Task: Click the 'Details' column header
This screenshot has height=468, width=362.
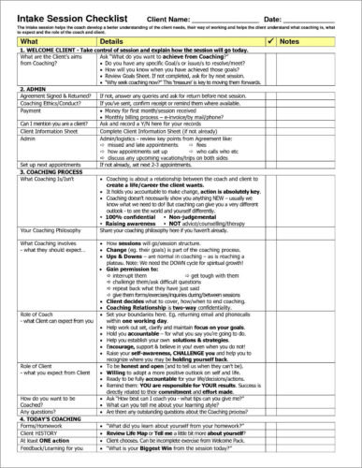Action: click(x=111, y=42)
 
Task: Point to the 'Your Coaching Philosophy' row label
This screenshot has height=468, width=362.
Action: click(x=51, y=229)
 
